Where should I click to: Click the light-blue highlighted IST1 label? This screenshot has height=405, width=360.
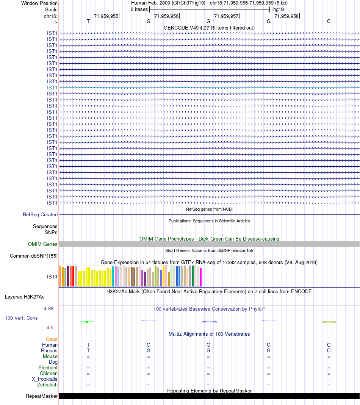pos(52,88)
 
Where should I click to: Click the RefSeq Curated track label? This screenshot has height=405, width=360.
pos(40,215)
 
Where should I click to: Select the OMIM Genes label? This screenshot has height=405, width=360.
pos(43,244)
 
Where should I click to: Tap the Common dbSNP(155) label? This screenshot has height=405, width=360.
pos(34,256)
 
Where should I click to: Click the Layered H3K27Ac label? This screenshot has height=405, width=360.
pos(25,297)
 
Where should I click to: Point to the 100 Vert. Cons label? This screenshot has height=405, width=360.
pos(21,318)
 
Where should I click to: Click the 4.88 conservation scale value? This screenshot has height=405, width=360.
pos(49,309)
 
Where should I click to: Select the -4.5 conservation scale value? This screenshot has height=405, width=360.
pos(49,327)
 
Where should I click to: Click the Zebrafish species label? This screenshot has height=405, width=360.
pos(47,385)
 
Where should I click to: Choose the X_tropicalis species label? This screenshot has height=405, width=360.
pos(44,379)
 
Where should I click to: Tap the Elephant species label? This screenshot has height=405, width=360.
pos(48,367)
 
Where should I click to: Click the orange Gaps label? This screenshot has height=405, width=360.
pos(52,339)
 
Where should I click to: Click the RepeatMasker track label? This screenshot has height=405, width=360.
pos(42,396)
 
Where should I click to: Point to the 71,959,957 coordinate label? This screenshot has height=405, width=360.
pos(226,16)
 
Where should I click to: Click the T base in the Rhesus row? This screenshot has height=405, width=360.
pos(88,350)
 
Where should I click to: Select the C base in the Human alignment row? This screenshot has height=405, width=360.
pos(329,345)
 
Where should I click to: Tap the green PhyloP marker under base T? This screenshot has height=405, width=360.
pos(87,322)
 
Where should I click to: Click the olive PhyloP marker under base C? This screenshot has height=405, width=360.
pos(329,322)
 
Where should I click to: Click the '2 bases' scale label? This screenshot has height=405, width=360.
pos(139,9)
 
